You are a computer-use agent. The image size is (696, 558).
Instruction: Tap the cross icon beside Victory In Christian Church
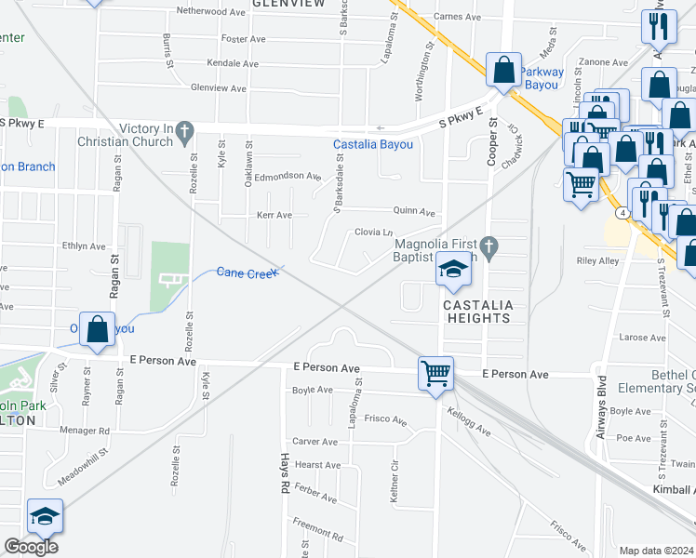pos(185,131)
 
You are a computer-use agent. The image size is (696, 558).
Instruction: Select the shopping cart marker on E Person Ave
pos(435,375)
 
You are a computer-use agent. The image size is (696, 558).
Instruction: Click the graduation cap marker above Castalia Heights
pos(454,270)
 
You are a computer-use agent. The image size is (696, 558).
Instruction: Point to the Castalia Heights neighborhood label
pos(475,312)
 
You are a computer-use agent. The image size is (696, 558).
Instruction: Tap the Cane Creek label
pos(247,272)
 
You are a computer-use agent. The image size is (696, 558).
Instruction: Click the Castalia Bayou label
pos(372,145)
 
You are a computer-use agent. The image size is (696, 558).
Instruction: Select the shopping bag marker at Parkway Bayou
pos(503,70)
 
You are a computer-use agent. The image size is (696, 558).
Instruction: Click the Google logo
pos(31,546)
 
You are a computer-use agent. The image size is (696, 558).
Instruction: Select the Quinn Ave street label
pos(415,212)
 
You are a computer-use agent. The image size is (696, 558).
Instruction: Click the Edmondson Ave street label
pos(288,176)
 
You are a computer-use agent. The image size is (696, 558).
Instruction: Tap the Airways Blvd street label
pos(602,407)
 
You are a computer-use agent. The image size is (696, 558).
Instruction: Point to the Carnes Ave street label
pos(457,17)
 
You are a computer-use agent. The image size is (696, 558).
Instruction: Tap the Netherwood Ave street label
pos(214,12)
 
